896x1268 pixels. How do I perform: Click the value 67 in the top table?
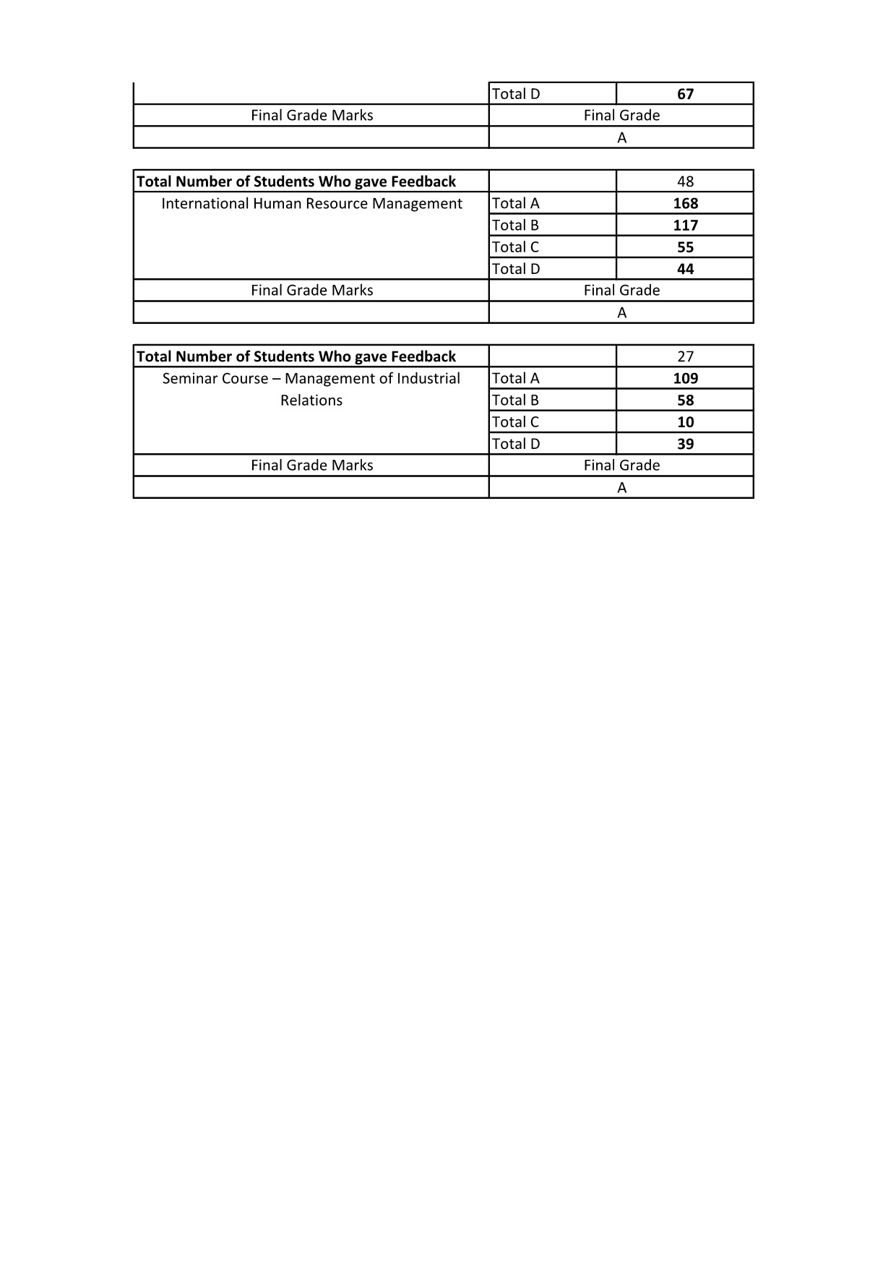point(685,94)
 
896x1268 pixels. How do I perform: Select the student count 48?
point(685,181)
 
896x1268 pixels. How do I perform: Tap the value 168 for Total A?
point(685,204)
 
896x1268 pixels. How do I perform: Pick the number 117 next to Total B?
point(685,226)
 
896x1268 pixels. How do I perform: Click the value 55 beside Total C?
point(685,247)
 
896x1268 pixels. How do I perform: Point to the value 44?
point(685,269)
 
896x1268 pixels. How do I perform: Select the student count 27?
point(685,356)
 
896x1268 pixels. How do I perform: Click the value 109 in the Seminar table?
point(685,379)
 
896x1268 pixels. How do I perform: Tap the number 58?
point(685,400)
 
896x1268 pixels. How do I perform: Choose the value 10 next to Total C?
point(685,422)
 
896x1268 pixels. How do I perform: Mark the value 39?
point(685,444)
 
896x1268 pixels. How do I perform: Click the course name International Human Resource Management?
point(311,204)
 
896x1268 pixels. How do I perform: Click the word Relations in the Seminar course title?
point(311,400)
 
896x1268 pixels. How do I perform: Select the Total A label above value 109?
point(515,379)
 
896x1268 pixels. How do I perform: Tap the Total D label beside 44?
point(515,269)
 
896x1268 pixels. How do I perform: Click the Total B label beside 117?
point(515,226)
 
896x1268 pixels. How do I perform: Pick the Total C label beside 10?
point(515,422)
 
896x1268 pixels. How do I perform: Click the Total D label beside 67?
point(515,94)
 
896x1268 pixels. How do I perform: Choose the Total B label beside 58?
point(515,400)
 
